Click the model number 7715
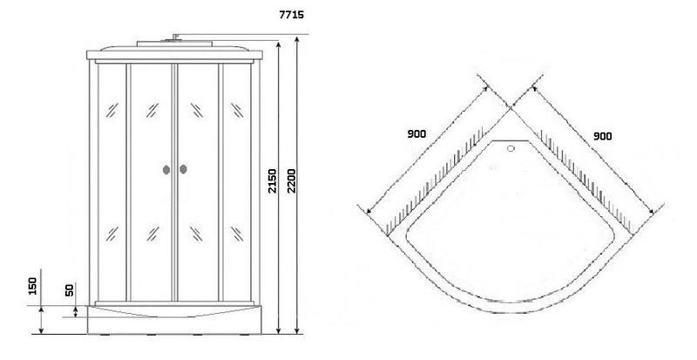(292, 15)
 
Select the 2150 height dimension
(272, 180)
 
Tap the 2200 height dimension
(291, 180)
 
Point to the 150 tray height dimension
(32, 285)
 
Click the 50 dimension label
(70, 289)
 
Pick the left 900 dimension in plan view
(416, 133)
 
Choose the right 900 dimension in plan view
(602, 136)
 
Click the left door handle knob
(166, 170)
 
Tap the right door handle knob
(183, 169)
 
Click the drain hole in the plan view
(511, 148)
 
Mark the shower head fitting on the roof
(175, 37)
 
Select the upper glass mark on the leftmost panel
(112, 110)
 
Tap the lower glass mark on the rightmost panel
(237, 234)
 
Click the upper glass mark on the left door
(152, 110)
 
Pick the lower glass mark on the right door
(197, 234)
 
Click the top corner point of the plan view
(511, 108)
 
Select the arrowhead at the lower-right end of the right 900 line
(651, 211)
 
